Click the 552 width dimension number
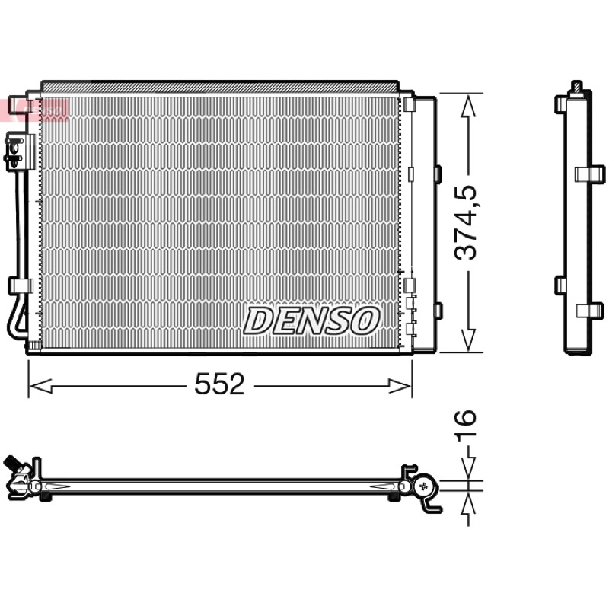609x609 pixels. pos(219,384)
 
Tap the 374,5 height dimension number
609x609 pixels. pos(465,222)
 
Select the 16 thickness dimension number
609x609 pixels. pos(465,426)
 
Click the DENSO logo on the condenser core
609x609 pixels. pos(311,320)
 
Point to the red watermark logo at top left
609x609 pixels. pos(34,110)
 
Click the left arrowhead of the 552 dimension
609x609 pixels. pos(41,386)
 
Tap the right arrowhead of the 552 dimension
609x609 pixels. pos(400,386)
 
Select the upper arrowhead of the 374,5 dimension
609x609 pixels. pos(468,106)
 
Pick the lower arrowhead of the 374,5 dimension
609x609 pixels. pos(468,340)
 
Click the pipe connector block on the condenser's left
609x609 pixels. pos(20,151)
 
